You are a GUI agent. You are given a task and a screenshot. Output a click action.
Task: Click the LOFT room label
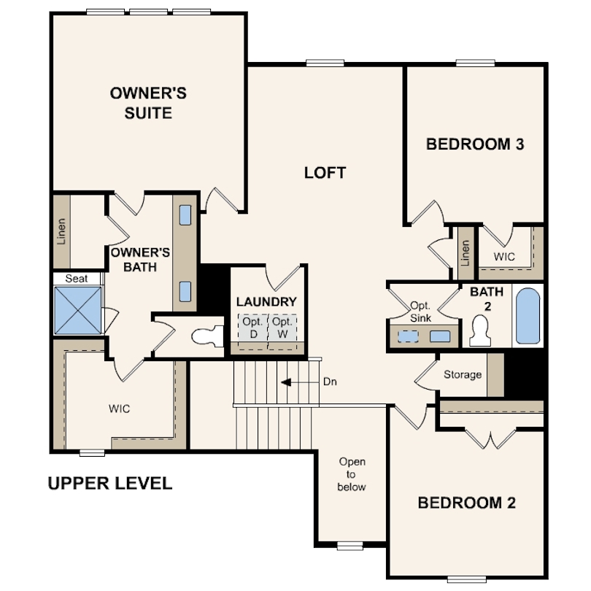point(325,173)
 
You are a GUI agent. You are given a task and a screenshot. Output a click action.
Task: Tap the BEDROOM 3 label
point(475,144)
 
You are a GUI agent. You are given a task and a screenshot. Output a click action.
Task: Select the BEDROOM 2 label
point(467,503)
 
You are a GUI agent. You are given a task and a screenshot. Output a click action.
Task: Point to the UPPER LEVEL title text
point(110,483)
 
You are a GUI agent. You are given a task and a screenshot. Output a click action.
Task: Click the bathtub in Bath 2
point(528,316)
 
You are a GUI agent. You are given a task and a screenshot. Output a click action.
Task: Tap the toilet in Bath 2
point(480,331)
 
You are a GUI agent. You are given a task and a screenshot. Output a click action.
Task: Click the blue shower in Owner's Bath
point(78,310)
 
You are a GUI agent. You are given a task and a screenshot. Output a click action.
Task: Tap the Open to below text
point(352,474)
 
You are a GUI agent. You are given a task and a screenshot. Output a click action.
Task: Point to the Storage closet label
point(463,374)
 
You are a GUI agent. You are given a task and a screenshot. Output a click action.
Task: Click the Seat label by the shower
point(77,279)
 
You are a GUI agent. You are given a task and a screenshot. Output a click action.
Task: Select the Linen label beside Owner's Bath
point(61,231)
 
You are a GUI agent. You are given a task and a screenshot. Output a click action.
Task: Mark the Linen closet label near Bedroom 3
point(466,253)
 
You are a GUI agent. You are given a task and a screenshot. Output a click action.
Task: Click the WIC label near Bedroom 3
point(504,257)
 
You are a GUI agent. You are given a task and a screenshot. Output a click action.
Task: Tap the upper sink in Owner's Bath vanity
point(185,215)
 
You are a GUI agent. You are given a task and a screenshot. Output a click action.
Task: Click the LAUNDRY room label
point(266,302)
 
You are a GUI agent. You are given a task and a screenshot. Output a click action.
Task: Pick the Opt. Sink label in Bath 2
point(420,312)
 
